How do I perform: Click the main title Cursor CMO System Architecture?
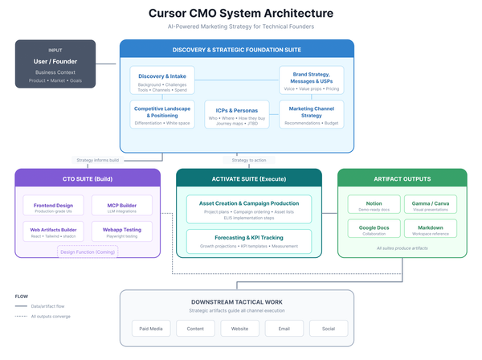coord(241,14)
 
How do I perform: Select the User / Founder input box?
coord(55,63)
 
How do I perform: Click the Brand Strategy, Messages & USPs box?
coord(311,80)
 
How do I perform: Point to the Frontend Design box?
coord(53,208)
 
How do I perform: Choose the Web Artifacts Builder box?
coord(53,233)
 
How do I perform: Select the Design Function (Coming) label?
coord(86,252)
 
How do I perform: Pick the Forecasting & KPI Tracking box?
coord(248,241)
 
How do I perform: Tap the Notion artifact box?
coord(374,207)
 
